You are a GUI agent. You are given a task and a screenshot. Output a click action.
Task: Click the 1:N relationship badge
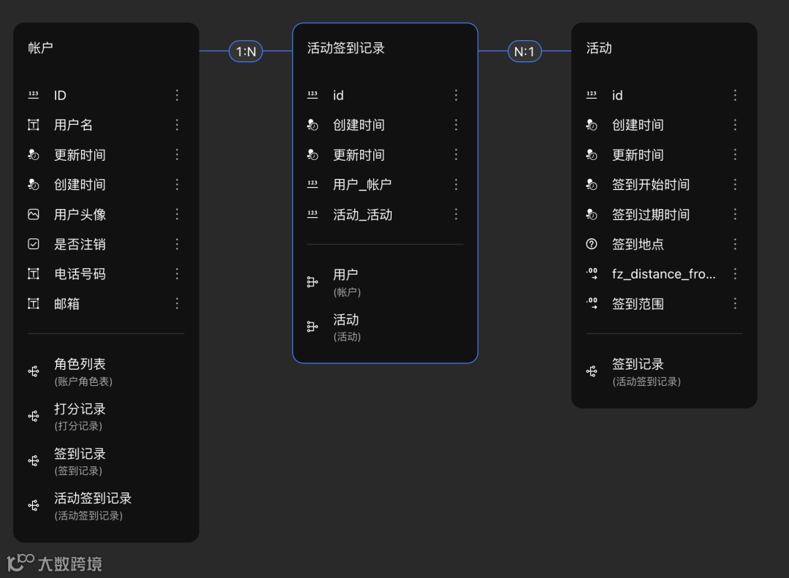pyautogui.click(x=246, y=51)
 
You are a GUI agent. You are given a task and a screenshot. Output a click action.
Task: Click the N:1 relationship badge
pyautogui.click(x=525, y=51)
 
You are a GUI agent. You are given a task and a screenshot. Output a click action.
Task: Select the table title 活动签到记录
pyautogui.click(x=346, y=48)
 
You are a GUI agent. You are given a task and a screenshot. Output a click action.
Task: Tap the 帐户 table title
pyautogui.click(x=41, y=48)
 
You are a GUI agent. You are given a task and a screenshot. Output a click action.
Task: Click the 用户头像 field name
pyautogui.click(x=80, y=214)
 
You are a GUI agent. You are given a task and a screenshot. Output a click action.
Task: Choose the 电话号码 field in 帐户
pyautogui.click(x=80, y=274)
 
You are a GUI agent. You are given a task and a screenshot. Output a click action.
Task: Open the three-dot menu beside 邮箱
pyautogui.click(x=177, y=303)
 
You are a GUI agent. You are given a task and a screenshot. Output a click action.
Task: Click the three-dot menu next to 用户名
pyautogui.click(x=177, y=125)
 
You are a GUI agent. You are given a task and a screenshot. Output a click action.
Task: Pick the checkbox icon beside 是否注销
pyautogui.click(x=34, y=244)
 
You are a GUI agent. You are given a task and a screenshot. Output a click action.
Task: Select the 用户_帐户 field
pyautogui.click(x=362, y=185)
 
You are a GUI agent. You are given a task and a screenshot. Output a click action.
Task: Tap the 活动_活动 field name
pyautogui.click(x=362, y=215)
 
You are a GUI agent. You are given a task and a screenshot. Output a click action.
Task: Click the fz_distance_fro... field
pyautogui.click(x=663, y=274)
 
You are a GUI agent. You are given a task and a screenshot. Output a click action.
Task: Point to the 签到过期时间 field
pyautogui.click(x=650, y=215)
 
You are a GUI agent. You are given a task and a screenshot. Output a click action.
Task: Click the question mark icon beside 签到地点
pyautogui.click(x=592, y=244)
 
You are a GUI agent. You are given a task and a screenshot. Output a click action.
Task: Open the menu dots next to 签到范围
pyautogui.click(x=735, y=303)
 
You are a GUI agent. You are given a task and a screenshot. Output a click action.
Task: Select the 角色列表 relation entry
pyautogui.click(x=80, y=364)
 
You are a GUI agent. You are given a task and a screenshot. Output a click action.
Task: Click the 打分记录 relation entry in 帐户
pyautogui.click(x=80, y=409)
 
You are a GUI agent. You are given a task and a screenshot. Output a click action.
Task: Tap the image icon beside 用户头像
pyautogui.click(x=34, y=214)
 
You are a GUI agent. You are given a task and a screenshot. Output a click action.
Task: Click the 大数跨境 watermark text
pyautogui.click(x=70, y=564)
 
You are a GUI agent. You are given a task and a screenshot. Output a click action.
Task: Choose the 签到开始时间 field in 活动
pyautogui.click(x=650, y=185)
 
